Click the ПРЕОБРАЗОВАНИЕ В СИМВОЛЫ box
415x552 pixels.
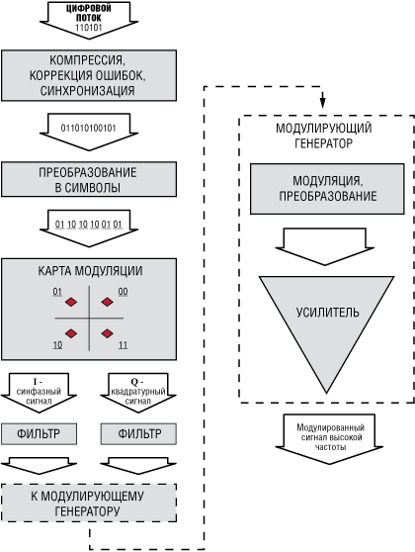point(90,181)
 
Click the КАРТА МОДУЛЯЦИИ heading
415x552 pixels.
point(90,271)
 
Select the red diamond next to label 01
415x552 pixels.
point(71,302)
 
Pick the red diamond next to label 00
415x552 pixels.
point(107,302)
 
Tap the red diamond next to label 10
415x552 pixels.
point(71,332)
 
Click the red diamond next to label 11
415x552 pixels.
point(107,332)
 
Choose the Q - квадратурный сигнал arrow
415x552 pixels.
point(138,389)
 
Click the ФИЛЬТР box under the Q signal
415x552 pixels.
point(138,433)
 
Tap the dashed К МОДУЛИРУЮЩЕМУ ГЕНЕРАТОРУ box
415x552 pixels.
point(90,502)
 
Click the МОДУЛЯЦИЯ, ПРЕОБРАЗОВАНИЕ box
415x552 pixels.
point(321,189)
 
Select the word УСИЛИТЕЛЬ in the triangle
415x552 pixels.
point(321,312)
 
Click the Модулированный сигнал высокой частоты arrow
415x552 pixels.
point(322,436)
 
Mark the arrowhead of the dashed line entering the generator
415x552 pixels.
point(322,106)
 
